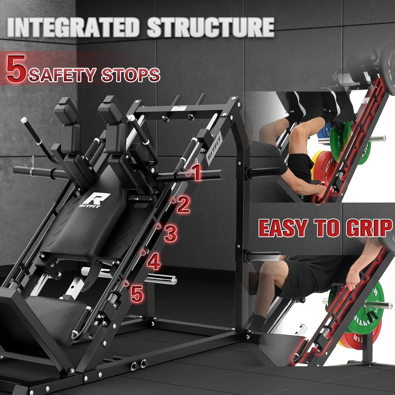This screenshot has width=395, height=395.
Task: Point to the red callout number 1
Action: [x=197, y=172]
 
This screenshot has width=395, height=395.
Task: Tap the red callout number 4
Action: [x=154, y=262]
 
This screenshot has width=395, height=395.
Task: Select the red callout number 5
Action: [x=137, y=294]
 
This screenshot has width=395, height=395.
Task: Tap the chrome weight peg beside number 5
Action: [x=161, y=279]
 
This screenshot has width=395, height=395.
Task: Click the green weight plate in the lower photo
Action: [x=368, y=309]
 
